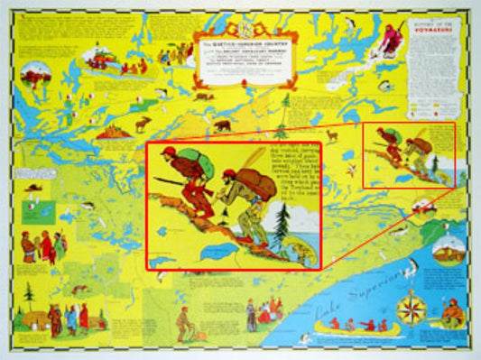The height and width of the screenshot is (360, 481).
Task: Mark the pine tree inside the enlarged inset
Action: [284, 220]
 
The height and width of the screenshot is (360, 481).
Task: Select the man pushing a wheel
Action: [184, 321]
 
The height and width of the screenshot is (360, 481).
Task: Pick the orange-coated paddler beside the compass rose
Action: [452, 311]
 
